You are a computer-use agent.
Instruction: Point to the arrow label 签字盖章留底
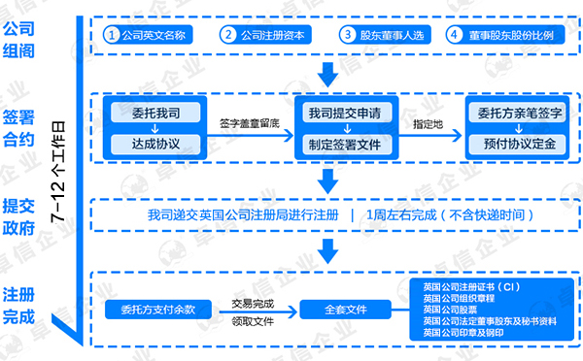coord(251,124)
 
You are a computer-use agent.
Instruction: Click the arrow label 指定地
coord(428,124)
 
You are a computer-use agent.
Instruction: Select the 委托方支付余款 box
coord(157,310)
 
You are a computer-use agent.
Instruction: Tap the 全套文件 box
coord(346,310)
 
